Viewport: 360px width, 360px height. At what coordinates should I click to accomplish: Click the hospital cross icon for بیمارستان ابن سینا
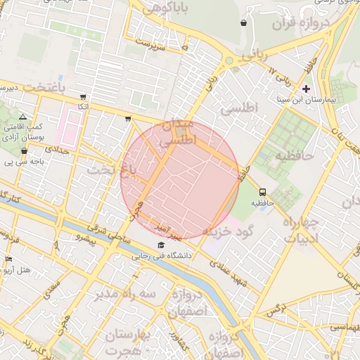[x=306, y=89]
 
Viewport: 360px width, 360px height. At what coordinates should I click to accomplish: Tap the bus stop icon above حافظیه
[x=262, y=191]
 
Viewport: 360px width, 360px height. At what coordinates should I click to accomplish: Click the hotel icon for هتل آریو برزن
[x=8, y=259]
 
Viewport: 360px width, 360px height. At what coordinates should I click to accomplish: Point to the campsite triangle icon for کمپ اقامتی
[x=23, y=117]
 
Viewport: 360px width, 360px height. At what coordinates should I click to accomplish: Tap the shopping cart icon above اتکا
[x=84, y=97]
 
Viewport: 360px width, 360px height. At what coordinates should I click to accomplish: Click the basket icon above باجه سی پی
[x=25, y=150]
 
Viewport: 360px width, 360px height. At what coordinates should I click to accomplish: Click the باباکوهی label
[x=164, y=9]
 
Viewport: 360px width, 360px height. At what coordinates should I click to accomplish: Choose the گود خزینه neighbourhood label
[x=226, y=231]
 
